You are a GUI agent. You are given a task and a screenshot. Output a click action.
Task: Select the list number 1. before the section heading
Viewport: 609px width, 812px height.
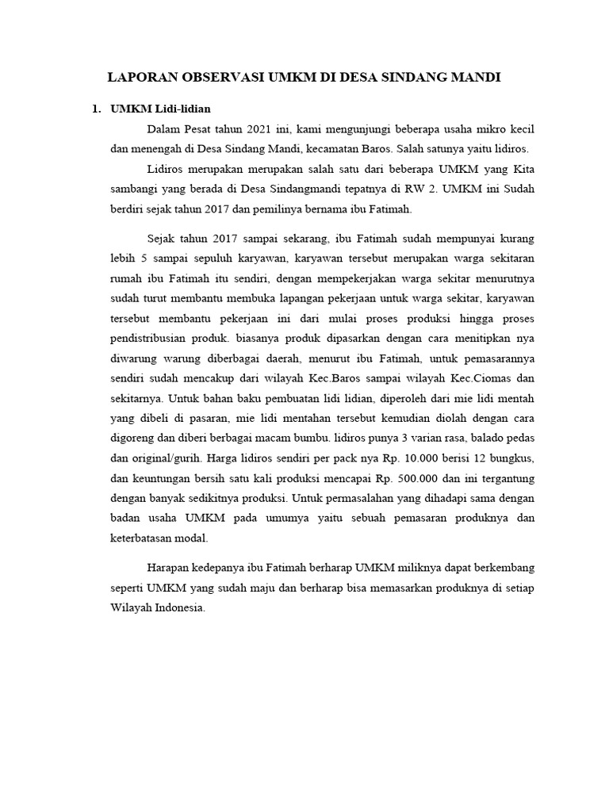[98, 109]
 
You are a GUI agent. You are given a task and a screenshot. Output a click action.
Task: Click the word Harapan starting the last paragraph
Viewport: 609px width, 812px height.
[170, 568]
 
